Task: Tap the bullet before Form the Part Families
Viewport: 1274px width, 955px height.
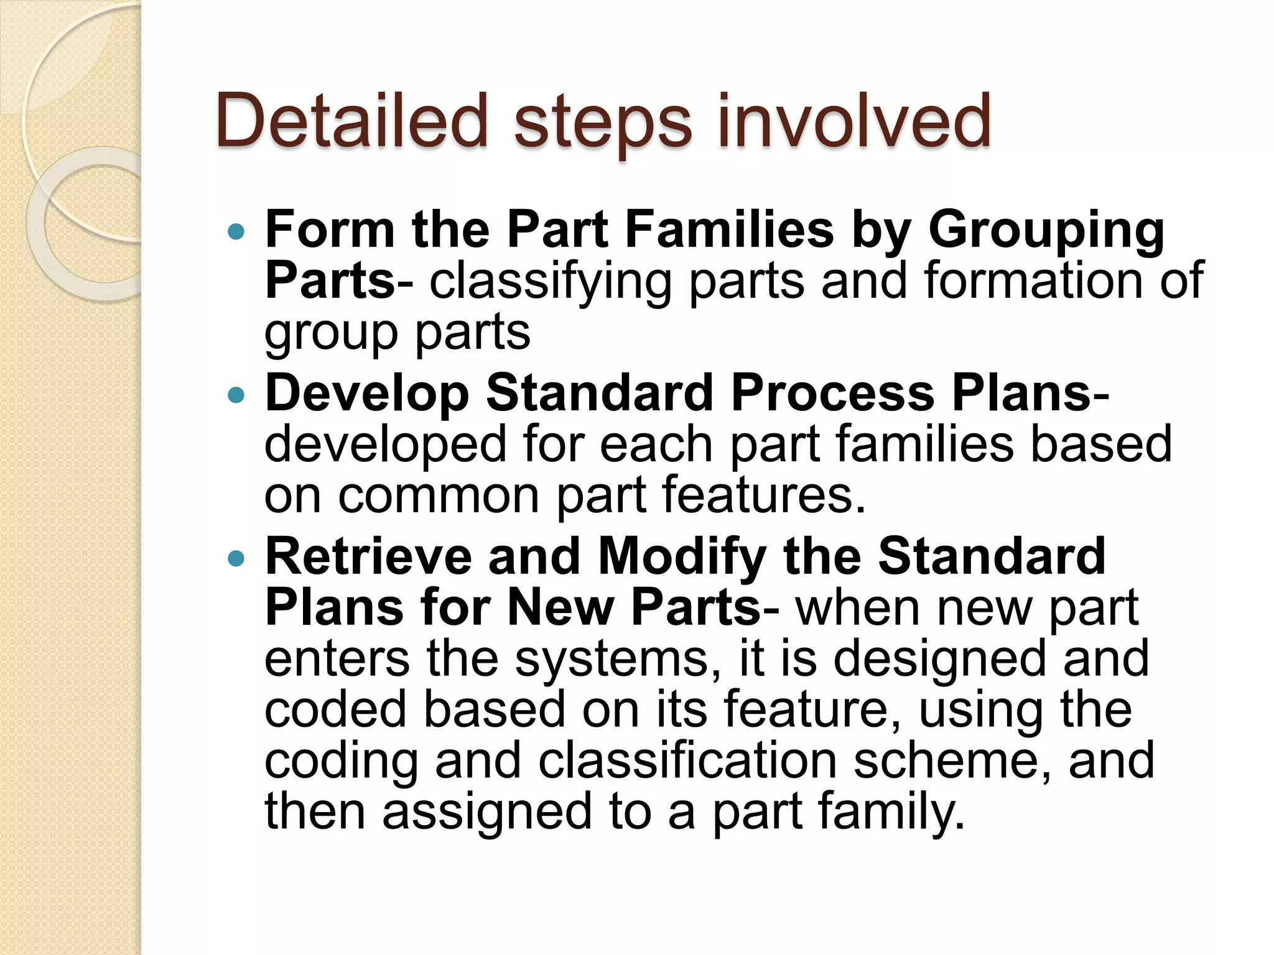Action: point(236,233)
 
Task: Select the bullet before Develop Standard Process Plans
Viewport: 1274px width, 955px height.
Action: point(236,395)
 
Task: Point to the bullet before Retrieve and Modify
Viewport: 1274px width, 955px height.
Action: point(236,558)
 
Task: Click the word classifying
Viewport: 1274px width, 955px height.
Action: point(550,282)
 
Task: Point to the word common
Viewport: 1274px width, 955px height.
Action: point(439,496)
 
